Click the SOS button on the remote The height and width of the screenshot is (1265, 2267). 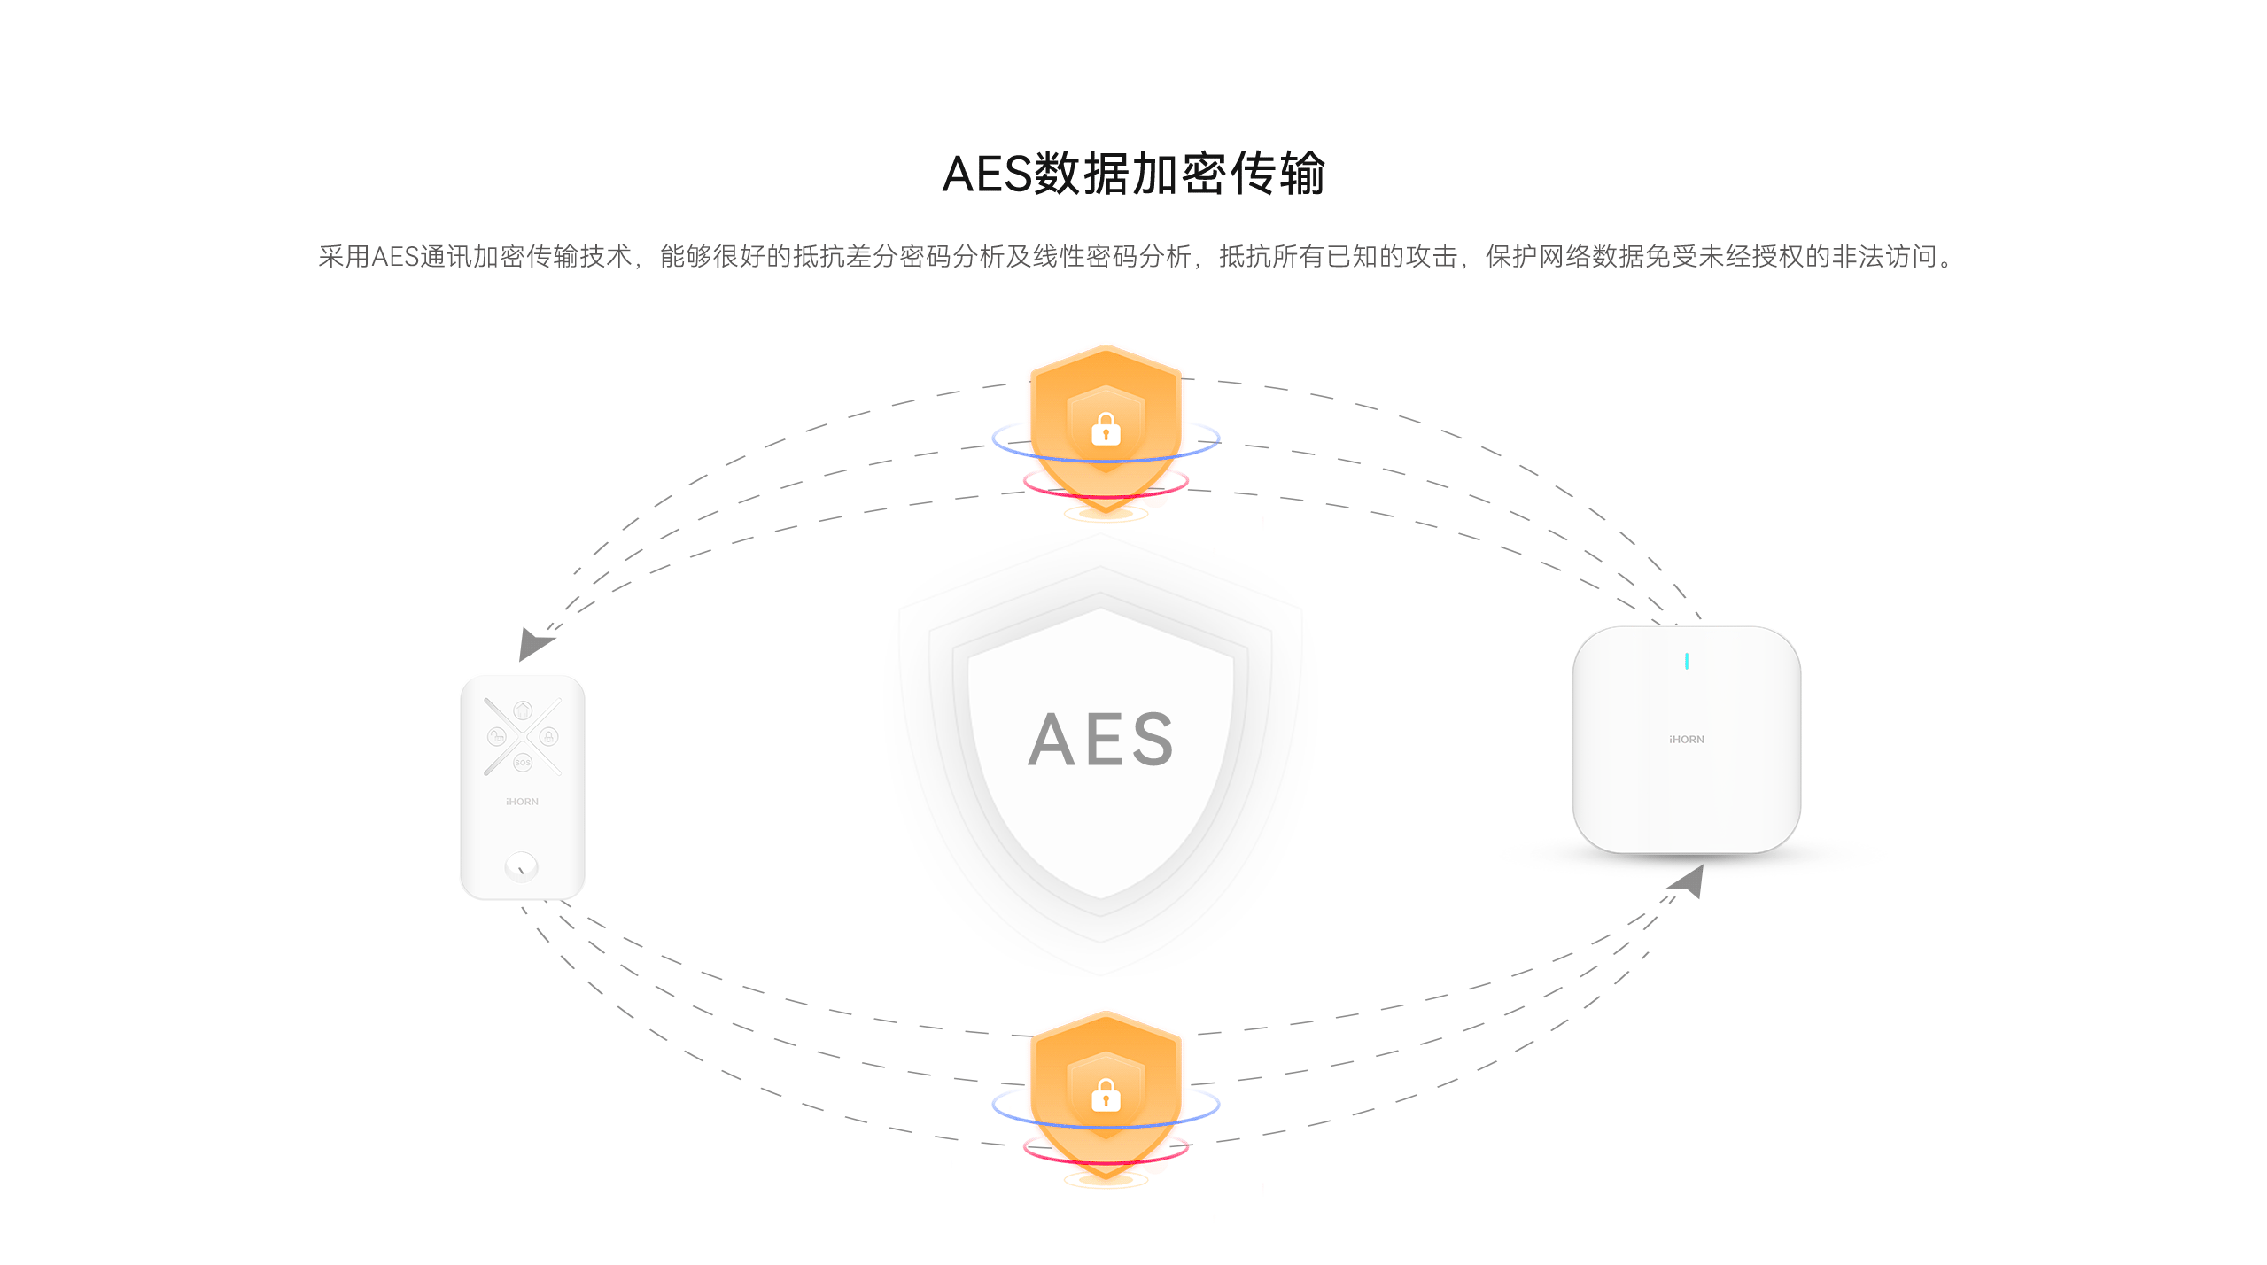[523, 763]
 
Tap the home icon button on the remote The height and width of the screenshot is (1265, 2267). [523, 710]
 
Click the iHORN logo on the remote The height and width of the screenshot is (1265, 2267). [522, 802]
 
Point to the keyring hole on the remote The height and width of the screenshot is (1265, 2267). [521, 866]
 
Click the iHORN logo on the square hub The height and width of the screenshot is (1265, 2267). [1686, 740]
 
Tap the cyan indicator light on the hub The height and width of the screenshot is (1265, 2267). [1686, 661]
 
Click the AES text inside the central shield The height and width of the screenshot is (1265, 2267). [1101, 740]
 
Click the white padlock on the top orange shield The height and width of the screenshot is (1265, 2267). [1106, 430]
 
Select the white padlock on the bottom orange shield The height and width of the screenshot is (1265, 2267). [1106, 1096]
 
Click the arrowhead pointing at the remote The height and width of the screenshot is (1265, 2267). [533, 643]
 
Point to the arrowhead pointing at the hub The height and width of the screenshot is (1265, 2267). [1689, 881]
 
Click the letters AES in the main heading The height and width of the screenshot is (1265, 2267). [987, 175]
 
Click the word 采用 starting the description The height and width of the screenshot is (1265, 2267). [344, 257]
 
